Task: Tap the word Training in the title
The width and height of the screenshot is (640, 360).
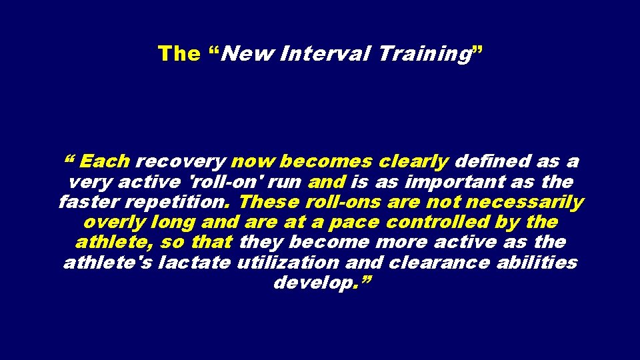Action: click(423, 53)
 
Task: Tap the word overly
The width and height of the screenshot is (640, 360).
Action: click(115, 222)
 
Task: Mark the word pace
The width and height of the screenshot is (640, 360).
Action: click(353, 222)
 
